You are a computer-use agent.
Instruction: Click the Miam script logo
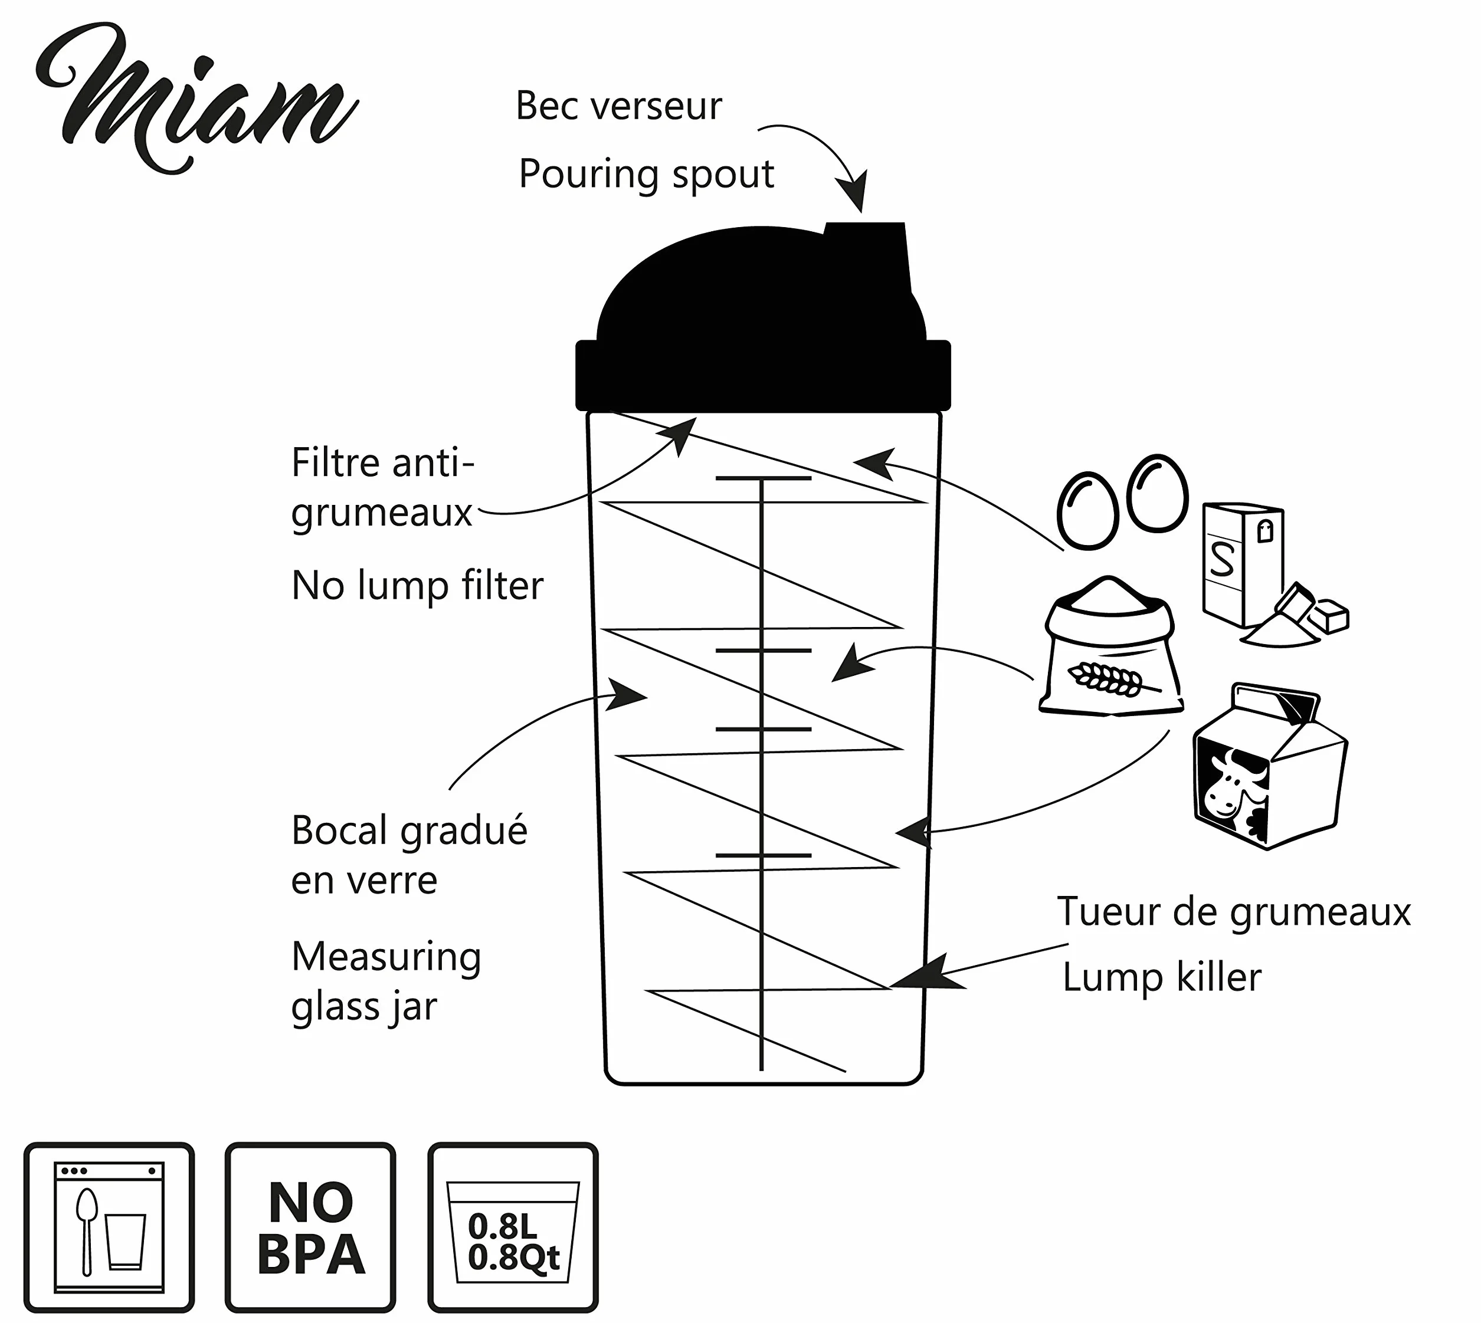pos(196,98)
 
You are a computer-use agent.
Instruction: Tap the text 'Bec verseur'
pos(619,106)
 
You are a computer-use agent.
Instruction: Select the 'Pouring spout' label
pos(646,175)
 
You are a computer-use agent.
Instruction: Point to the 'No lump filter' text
pos(417,586)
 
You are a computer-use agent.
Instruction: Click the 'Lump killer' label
pos(1162,977)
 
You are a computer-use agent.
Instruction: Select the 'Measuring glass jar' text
pos(386,981)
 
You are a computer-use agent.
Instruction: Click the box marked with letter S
pos(1243,564)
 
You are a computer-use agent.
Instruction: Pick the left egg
pos(1087,510)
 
